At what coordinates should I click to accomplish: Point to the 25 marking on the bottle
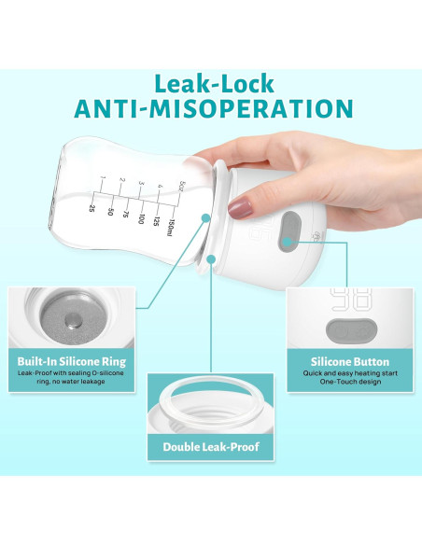[x=92, y=207]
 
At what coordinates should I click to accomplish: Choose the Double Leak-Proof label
[x=211, y=448]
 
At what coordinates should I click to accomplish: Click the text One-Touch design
[x=350, y=384]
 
